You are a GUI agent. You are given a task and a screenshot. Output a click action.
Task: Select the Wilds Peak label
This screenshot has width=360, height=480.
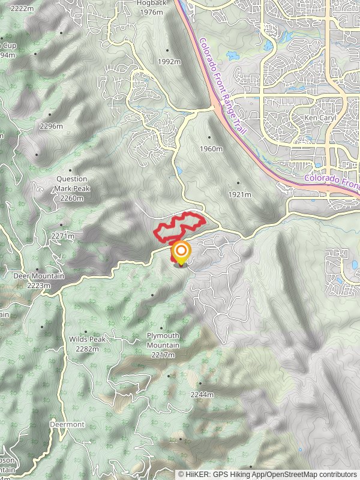pos(87,340)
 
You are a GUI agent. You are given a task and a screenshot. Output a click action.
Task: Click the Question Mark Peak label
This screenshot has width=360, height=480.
pos(71,183)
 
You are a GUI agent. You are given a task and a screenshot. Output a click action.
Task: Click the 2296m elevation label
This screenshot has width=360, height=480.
pos(50,127)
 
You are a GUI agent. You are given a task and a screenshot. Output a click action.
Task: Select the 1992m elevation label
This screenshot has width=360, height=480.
pos(169,62)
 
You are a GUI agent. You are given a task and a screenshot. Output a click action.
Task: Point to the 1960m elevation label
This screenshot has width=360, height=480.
pos(211,149)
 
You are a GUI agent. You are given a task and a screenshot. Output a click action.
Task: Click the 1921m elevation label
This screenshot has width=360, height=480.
pos(239,194)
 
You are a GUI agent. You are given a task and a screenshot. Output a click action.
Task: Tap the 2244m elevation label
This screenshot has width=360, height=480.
pos(202,395)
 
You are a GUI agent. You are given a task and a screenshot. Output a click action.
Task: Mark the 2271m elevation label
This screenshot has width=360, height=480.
pos(62,236)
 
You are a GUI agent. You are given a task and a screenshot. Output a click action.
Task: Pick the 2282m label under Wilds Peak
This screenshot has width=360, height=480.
pos(87,349)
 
